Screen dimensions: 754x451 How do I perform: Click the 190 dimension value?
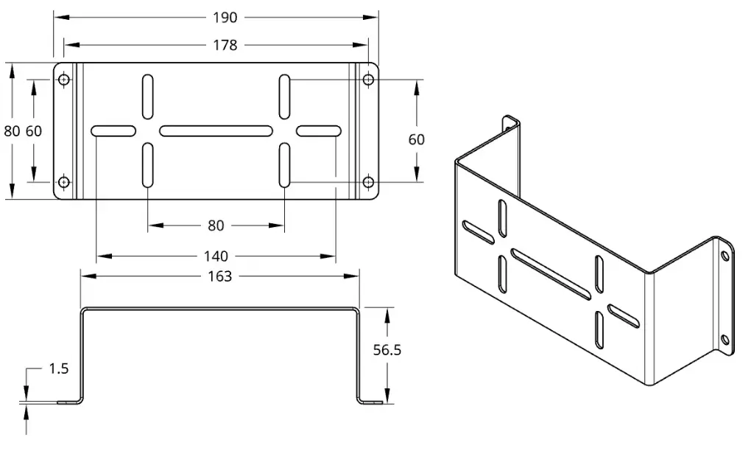(225, 18)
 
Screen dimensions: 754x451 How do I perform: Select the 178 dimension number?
(225, 45)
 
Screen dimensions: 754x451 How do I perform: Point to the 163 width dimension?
(219, 276)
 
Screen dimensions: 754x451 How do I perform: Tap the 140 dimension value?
(216, 256)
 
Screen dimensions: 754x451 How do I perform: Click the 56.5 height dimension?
(387, 350)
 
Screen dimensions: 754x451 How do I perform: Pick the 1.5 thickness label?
(59, 368)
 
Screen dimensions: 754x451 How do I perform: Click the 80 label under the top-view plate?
(216, 225)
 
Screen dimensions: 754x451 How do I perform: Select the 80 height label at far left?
(12, 131)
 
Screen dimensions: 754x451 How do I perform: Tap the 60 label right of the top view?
(417, 139)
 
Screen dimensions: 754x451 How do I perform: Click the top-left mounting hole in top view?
(64, 80)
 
